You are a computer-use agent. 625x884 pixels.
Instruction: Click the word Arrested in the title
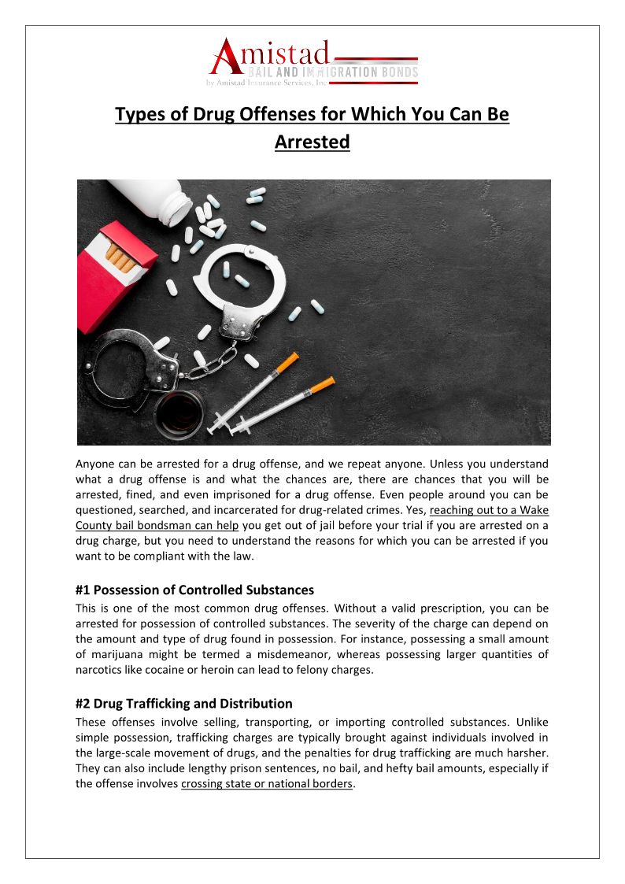(x=312, y=142)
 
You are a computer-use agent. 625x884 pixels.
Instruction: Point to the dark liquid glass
(x=179, y=413)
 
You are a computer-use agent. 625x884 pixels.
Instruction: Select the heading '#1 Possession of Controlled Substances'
(x=194, y=590)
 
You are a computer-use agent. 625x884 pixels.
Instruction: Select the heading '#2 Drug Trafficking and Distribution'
(x=183, y=704)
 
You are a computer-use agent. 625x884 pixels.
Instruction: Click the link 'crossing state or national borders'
(x=267, y=784)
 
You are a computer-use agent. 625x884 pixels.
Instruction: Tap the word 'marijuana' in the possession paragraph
(x=113, y=653)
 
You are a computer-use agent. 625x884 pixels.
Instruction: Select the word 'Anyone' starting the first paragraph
(x=95, y=464)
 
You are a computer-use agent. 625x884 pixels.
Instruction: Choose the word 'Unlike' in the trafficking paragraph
(x=530, y=722)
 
